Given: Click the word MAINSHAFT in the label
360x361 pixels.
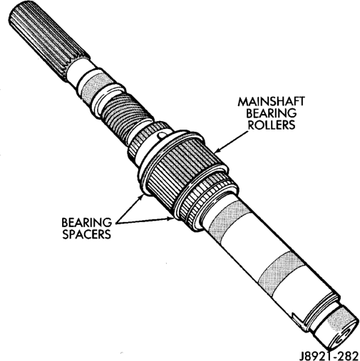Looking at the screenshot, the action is [271, 102].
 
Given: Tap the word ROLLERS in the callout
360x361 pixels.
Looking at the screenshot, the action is [272, 125].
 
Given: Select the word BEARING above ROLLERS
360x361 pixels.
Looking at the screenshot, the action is [271, 113].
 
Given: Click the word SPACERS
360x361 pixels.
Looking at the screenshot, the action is [86, 234].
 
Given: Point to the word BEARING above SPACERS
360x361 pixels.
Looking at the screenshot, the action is [86, 223].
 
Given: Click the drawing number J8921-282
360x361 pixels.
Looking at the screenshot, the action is [329, 355].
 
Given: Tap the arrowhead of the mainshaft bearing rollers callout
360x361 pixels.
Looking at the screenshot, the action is [217, 150].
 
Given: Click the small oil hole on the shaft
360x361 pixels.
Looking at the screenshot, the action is [161, 135].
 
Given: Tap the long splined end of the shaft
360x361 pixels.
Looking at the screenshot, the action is [48, 41].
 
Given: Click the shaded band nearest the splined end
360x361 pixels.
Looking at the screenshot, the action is [97, 86].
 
